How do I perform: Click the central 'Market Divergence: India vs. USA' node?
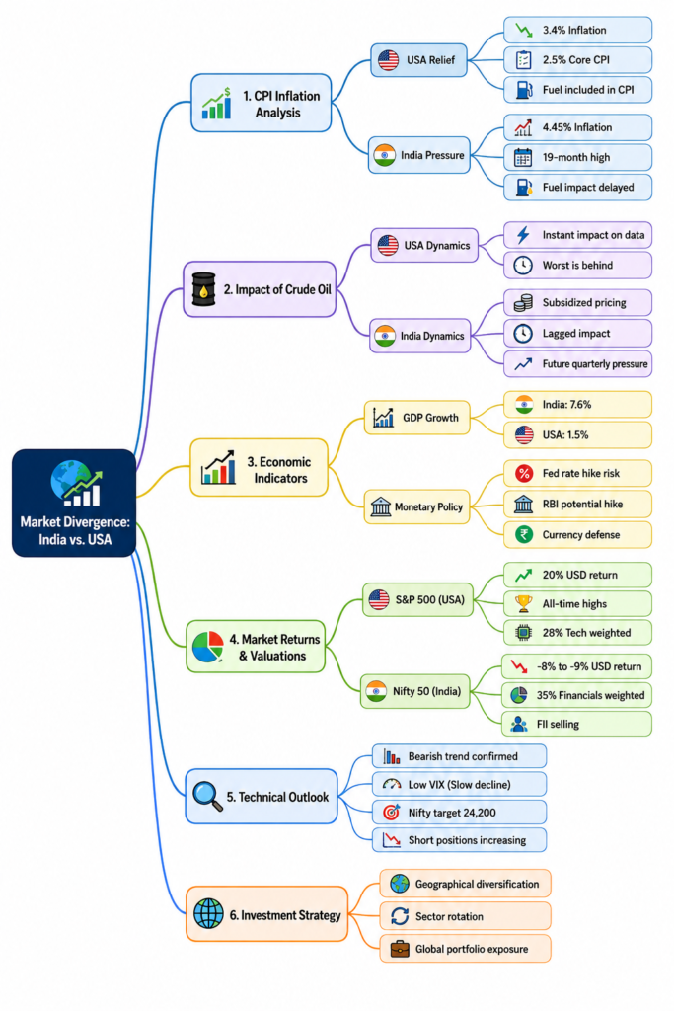coord(73,503)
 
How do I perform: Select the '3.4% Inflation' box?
coord(577,30)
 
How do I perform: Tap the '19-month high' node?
coord(577,157)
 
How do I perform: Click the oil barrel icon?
coord(204,289)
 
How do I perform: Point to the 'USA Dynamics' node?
coord(424,245)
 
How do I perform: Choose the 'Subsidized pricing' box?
coord(577,302)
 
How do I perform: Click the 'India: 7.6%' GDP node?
coord(577,404)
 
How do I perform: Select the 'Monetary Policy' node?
coord(416,506)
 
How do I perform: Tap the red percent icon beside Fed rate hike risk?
coord(524,473)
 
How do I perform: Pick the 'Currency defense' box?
coord(577,534)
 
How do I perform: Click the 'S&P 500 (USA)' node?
coord(417,599)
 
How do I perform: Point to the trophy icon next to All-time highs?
coord(524,603)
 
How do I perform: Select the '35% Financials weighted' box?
coord(576,695)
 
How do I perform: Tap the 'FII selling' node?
coord(576,724)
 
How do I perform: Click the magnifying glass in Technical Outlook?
coord(207,797)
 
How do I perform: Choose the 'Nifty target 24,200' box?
coord(460,813)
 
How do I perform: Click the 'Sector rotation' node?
coord(465,916)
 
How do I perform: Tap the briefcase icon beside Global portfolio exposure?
coord(400,949)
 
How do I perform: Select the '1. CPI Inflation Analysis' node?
coord(261,103)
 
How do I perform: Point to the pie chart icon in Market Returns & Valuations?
coord(207,647)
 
